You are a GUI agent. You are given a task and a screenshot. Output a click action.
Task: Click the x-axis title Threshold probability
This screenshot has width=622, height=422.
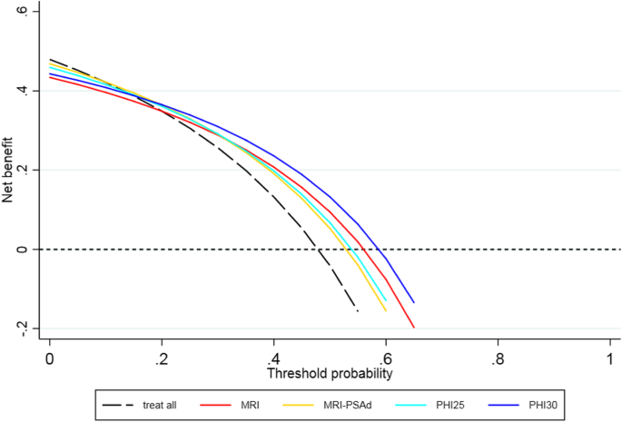click(330, 373)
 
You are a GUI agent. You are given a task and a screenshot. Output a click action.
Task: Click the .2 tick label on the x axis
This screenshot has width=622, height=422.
click(161, 357)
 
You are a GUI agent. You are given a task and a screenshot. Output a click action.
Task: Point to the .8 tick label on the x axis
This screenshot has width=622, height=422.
click(497, 357)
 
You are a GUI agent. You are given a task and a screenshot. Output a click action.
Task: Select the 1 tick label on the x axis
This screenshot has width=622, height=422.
click(610, 357)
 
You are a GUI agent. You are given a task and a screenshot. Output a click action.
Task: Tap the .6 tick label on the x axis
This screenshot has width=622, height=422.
click(385, 357)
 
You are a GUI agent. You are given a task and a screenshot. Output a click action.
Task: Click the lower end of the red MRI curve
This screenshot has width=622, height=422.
click(414, 327)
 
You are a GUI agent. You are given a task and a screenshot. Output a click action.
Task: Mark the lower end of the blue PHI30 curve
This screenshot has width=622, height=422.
click(414, 302)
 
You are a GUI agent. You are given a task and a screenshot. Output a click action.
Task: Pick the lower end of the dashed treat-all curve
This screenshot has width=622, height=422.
click(358, 311)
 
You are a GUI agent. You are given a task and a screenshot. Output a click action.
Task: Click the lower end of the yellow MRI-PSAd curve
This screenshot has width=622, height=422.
click(386, 310)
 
